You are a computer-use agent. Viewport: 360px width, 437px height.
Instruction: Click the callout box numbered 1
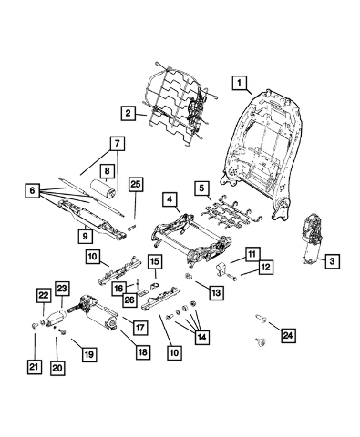pyautogui.click(x=240, y=83)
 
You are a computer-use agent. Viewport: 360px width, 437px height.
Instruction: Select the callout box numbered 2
pyautogui.click(x=128, y=113)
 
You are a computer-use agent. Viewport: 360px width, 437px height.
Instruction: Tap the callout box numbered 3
pyautogui.click(x=332, y=260)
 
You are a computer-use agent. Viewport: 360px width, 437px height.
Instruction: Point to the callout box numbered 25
pyautogui.click(x=136, y=184)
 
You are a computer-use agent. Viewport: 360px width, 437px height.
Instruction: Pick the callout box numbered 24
pyautogui.click(x=288, y=335)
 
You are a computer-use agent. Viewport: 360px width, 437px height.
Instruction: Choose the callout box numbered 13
pyautogui.click(x=217, y=293)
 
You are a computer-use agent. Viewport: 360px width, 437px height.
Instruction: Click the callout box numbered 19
pyautogui.click(x=89, y=354)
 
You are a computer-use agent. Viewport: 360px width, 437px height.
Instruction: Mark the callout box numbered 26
pyautogui.click(x=129, y=300)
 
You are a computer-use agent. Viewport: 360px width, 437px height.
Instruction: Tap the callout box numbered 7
pyautogui.click(x=118, y=143)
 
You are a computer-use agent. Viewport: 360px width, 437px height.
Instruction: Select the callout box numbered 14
pyautogui.click(x=202, y=337)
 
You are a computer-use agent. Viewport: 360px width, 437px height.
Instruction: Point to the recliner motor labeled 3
pyautogui.click(x=312, y=239)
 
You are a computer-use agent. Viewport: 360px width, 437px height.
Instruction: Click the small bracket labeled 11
pyautogui.click(x=221, y=269)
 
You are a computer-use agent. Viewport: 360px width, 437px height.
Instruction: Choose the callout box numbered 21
pyautogui.click(x=34, y=367)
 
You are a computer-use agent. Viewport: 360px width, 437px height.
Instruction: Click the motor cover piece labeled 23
pyautogui.click(x=57, y=319)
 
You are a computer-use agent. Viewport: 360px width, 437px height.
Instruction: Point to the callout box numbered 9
pyautogui.click(x=86, y=236)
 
